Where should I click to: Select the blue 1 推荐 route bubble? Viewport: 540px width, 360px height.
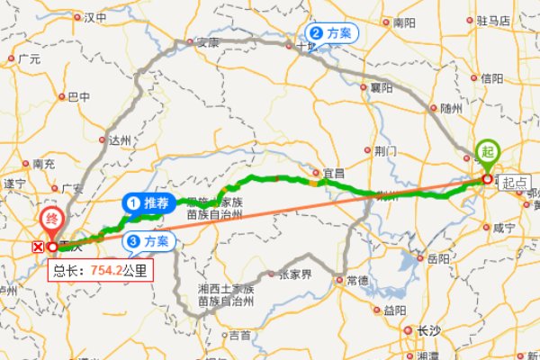148,203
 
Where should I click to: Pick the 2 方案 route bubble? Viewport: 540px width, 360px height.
333,33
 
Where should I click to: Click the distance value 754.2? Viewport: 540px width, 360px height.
105,269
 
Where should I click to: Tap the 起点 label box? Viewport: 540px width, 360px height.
514,182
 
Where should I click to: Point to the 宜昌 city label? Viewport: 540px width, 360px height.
334,173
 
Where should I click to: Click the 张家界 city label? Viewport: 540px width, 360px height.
295,274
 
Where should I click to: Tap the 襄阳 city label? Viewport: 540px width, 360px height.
382,88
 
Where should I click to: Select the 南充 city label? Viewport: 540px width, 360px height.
43,165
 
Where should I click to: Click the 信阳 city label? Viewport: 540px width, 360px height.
491,78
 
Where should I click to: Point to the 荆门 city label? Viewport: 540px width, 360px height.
385,150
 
